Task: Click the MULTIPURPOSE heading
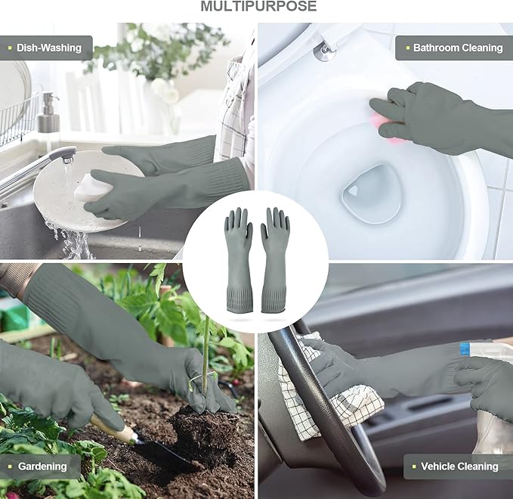pyautogui.click(x=258, y=6)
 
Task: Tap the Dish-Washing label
pyautogui.click(x=49, y=48)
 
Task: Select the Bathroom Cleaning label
pyautogui.click(x=458, y=48)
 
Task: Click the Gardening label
pyautogui.click(x=42, y=466)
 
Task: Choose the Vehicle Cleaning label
pyautogui.click(x=459, y=466)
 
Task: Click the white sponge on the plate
pyautogui.click(x=92, y=188)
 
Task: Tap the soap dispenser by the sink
pyautogui.click(x=49, y=113)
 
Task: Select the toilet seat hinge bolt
pyautogui.click(x=325, y=52)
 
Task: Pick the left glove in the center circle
pyautogui.click(x=239, y=259)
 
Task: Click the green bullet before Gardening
pyautogui.click(x=10, y=466)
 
